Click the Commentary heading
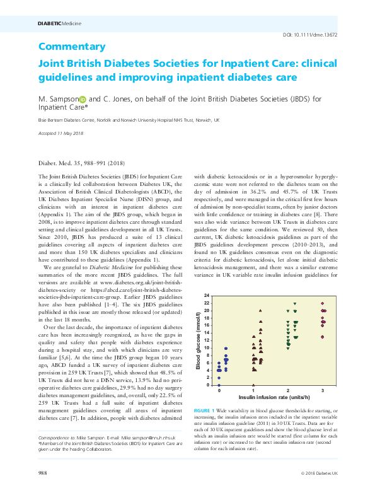coord(71,47)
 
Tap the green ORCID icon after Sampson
coord(82,99)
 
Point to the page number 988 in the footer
coord(43,472)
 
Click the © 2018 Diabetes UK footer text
coord(319,472)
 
